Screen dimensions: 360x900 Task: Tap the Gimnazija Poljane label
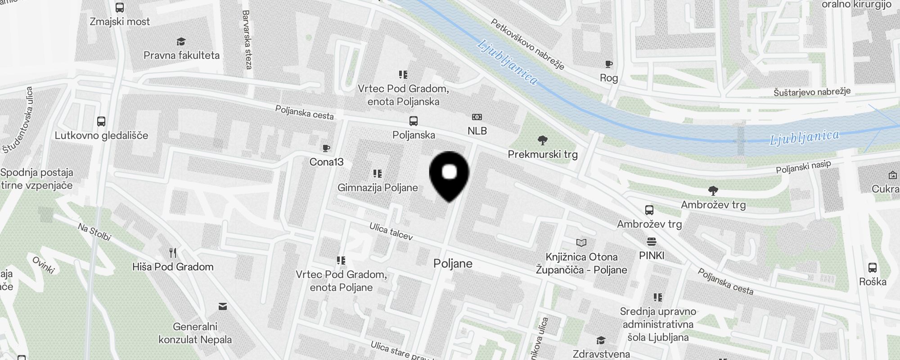[378, 188]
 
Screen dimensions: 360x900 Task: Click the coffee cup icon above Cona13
[326, 148]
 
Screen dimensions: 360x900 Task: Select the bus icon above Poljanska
[413, 121]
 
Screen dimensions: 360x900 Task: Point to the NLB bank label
[477, 131]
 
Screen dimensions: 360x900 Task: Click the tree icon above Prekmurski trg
[543, 140]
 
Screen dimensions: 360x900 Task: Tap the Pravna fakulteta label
[181, 55]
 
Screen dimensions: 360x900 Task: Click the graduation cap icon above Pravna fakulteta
[181, 42]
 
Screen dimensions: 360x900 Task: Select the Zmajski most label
[120, 22]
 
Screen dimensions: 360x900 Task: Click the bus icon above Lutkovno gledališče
[101, 121]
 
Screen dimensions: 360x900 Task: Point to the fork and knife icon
[173, 252]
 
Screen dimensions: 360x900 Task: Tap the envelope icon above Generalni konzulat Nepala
[222, 307]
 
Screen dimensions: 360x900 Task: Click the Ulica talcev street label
[391, 231]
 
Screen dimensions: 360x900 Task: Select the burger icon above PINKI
[651, 242]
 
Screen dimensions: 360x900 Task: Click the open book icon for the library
[581, 243]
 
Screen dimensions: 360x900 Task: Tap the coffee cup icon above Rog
[608, 64]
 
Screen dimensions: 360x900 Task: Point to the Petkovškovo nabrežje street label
[527, 44]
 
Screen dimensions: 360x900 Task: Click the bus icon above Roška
[872, 268]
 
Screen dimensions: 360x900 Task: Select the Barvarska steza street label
[247, 40]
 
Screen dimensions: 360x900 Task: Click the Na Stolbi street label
[94, 232]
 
